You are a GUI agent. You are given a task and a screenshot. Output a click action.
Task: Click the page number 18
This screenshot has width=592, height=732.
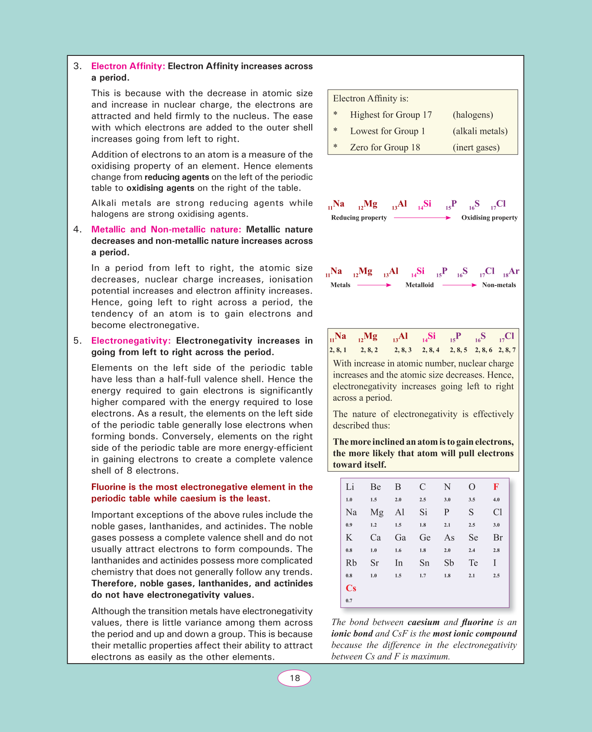(x=295, y=678)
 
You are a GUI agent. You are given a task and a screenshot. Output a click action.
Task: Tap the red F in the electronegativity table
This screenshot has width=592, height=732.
(x=496, y=487)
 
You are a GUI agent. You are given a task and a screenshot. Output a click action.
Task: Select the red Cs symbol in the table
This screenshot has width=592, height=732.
(x=351, y=588)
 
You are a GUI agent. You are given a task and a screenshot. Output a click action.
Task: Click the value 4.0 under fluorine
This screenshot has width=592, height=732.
(x=496, y=499)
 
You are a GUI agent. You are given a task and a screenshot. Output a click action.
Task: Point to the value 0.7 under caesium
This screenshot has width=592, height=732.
(x=349, y=601)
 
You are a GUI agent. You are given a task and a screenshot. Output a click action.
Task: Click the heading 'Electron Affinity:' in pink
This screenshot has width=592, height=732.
(x=128, y=66)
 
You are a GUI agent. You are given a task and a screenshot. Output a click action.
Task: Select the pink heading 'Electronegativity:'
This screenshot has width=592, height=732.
(x=131, y=341)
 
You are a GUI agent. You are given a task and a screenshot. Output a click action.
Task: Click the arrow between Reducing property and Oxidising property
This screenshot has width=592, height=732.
(x=423, y=217)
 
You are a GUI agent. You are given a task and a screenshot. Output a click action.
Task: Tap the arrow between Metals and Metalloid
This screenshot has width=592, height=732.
(x=374, y=285)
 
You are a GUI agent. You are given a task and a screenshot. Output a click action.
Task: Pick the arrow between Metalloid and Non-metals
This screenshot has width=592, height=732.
(x=459, y=285)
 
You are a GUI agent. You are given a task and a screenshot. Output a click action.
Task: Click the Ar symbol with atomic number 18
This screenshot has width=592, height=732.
(x=514, y=271)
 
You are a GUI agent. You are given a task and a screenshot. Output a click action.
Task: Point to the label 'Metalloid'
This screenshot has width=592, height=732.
(x=420, y=285)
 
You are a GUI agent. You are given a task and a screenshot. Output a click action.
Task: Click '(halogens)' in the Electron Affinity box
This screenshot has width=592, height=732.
(x=473, y=115)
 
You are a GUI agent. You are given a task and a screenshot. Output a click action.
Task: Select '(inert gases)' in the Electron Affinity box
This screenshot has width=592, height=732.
(x=476, y=147)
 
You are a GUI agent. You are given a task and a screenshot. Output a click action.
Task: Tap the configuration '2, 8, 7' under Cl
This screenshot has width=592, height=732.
(x=507, y=350)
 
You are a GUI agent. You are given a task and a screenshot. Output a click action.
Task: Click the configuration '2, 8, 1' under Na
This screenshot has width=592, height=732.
(x=338, y=350)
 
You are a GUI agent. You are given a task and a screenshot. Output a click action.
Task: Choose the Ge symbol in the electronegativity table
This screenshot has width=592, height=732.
(x=425, y=538)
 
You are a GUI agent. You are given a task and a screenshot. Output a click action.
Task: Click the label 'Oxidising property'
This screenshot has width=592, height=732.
(x=489, y=217)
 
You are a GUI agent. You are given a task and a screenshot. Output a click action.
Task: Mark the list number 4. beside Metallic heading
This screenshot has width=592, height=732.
(x=78, y=230)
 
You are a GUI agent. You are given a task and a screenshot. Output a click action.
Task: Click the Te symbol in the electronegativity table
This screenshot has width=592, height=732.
(x=473, y=563)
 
